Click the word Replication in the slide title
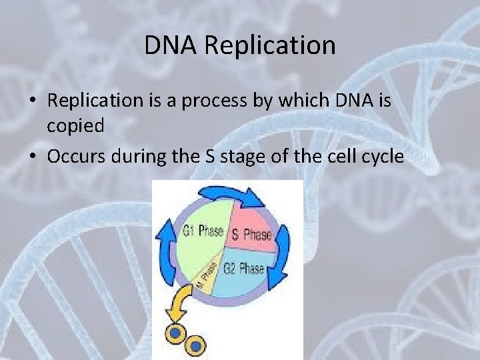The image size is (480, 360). click(270, 45)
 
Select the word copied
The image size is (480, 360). click(75, 126)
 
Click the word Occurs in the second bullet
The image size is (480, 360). click(78, 157)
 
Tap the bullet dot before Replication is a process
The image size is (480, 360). click(31, 101)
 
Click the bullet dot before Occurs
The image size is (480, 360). click(31, 157)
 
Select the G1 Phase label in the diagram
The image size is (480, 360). click(203, 232)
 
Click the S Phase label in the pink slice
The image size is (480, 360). click(251, 235)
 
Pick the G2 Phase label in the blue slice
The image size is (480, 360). click(243, 269)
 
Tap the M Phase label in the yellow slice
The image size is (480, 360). click(207, 275)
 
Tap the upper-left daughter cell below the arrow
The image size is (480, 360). click(175, 332)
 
